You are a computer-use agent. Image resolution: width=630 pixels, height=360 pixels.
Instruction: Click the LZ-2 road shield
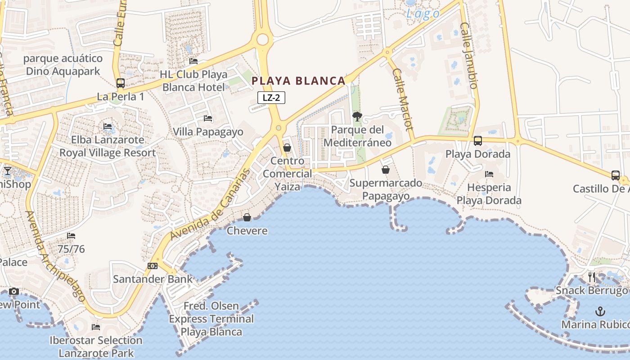point(271,98)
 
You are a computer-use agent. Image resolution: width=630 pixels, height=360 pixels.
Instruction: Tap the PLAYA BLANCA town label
point(298,81)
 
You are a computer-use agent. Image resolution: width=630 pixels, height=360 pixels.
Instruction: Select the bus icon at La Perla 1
point(120,83)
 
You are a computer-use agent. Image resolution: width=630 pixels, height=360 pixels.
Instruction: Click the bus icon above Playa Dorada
point(478,141)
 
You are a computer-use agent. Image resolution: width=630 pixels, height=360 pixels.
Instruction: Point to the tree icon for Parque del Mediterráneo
point(357,117)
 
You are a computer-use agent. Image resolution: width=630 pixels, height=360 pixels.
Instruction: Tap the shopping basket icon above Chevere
point(247,217)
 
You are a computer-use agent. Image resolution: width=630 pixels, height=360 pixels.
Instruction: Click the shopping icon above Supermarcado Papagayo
point(386,170)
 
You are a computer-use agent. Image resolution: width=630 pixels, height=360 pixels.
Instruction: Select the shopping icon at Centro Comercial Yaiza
point(287,148)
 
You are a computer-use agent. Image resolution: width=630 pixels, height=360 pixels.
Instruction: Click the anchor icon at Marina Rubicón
point(600,311)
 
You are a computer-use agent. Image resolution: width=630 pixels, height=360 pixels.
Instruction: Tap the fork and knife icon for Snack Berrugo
point(592,277)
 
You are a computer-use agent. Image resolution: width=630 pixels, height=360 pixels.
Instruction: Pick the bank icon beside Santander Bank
point(153,266)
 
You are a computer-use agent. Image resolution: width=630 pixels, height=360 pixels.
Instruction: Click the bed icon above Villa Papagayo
point(208,118)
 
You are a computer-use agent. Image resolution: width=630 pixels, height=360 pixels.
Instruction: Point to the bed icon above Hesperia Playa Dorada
point(489,174)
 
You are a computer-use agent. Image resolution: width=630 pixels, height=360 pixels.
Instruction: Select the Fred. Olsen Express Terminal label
point(211,319)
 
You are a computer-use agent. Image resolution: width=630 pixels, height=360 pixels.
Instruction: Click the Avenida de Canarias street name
point(210,204)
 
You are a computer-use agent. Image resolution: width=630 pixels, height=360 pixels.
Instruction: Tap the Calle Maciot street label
point(403,99)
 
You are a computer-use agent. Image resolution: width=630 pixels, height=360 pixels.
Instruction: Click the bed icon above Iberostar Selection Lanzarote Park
point(96,327)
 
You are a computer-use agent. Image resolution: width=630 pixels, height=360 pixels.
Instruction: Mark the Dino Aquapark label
point(63,65)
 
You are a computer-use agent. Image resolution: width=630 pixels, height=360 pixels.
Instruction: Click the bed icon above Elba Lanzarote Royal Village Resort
point(108,126)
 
